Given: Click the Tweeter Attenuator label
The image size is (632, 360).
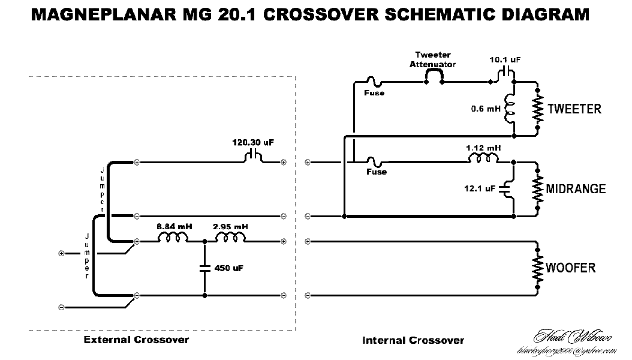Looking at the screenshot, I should [432, 59].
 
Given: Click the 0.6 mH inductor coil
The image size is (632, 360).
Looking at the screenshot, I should [511, 109].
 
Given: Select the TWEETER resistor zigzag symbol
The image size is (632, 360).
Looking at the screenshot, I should [538, 109].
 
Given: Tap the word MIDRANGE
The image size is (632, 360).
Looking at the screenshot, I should [576, 190].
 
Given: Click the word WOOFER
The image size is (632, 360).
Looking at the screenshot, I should [571, 267].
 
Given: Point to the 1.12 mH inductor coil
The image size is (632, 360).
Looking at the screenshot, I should [484, 158].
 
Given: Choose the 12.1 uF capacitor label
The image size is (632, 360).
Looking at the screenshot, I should [480, 188].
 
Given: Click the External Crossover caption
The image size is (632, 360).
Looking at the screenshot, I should [136, 340].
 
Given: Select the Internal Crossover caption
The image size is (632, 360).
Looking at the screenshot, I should [413, 340].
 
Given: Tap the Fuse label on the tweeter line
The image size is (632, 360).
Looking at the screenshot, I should [374, 93].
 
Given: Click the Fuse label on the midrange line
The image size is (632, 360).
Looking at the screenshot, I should [376, 172].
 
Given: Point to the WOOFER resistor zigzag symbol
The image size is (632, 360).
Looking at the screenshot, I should [538, 267].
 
